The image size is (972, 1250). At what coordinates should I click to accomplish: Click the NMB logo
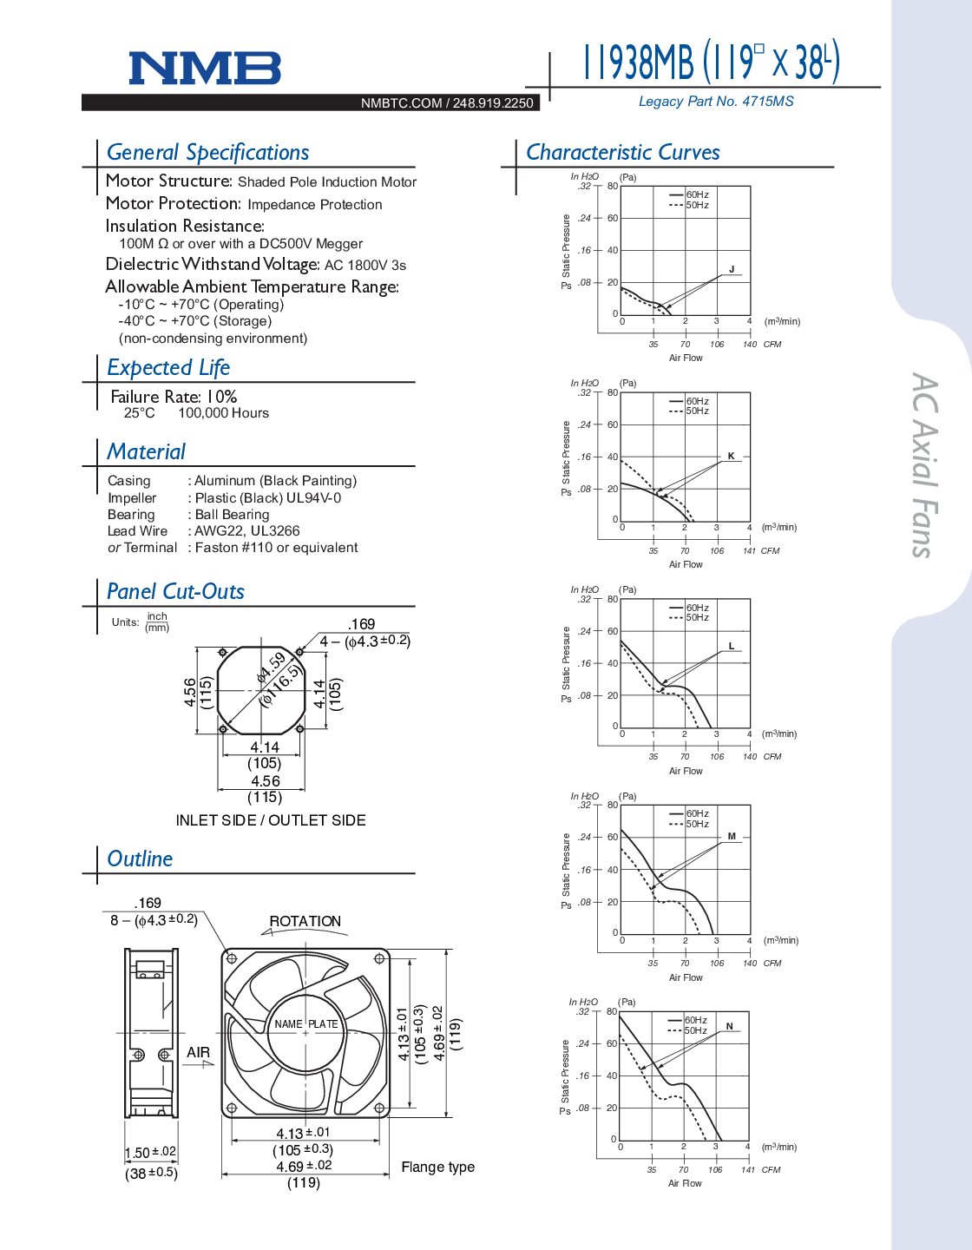[205, 68]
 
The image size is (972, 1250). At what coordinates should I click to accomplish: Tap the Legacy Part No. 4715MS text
[715, 102]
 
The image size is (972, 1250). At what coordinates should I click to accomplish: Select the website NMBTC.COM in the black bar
[401, 103]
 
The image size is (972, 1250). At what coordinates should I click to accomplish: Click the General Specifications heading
[207, 153]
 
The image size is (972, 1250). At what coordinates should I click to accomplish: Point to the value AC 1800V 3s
[364, 266]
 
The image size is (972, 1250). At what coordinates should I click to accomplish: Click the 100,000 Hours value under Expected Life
[223, 413]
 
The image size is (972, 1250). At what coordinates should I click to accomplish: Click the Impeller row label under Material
[132, 498]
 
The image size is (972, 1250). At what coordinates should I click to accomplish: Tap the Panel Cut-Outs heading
[175, 592]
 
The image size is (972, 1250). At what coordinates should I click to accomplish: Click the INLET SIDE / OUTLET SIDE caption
[271, 820]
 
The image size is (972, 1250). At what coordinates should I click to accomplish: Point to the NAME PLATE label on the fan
[305, 1024]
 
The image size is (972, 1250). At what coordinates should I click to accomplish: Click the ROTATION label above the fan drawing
[305, 921]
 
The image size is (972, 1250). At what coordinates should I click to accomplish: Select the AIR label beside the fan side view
[198, 1052]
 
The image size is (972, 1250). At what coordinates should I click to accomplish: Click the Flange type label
[437, 1167]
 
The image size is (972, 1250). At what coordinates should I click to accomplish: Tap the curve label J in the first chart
[732, 270]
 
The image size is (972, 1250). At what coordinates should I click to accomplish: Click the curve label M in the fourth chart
[732, 837]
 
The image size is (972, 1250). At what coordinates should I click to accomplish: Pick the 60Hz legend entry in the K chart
[697, 401]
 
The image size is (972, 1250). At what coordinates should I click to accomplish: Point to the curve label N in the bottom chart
[729, 1026]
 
